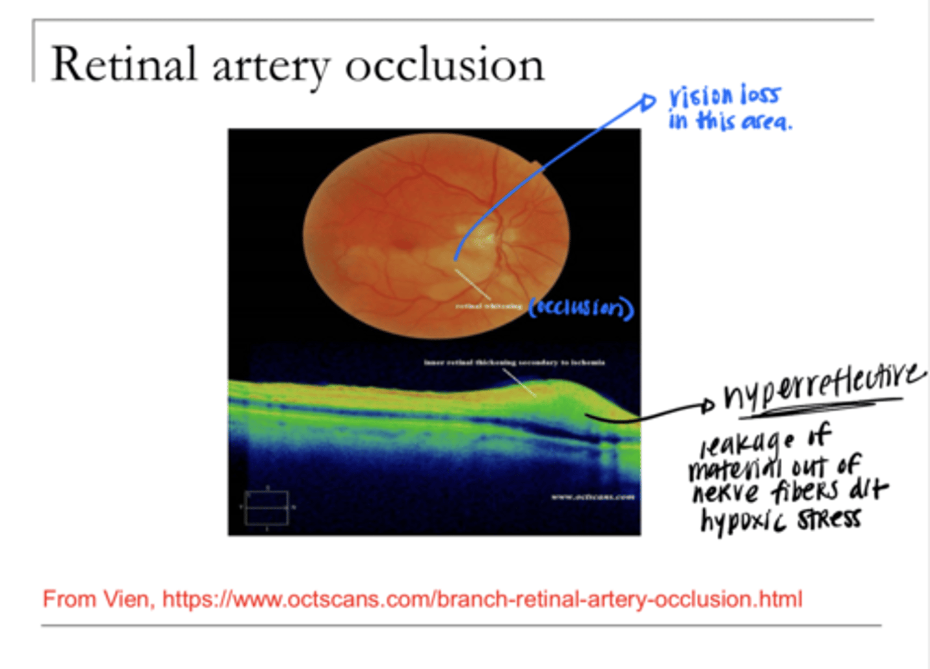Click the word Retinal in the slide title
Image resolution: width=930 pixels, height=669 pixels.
(x=123, y=65)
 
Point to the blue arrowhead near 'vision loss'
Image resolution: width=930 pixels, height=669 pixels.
(x=648, y=102)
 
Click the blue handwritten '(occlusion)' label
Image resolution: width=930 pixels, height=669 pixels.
(x=581, y=308)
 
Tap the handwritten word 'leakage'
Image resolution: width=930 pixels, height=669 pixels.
(x=747, y=443)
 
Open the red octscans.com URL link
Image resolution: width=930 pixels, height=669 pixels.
(x=482, y=599)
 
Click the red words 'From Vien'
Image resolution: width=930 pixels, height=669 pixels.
(x=98, y=599)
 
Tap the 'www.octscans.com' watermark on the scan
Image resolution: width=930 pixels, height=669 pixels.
(x=592, y=497)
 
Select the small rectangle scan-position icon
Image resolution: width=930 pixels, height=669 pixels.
(x=267, y=508)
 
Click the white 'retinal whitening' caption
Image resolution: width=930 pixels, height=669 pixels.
(x=488, y=306)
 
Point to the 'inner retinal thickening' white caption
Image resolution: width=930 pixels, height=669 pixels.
(x=514, y=363)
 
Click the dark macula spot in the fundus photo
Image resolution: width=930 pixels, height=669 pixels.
(x=404, y=243)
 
